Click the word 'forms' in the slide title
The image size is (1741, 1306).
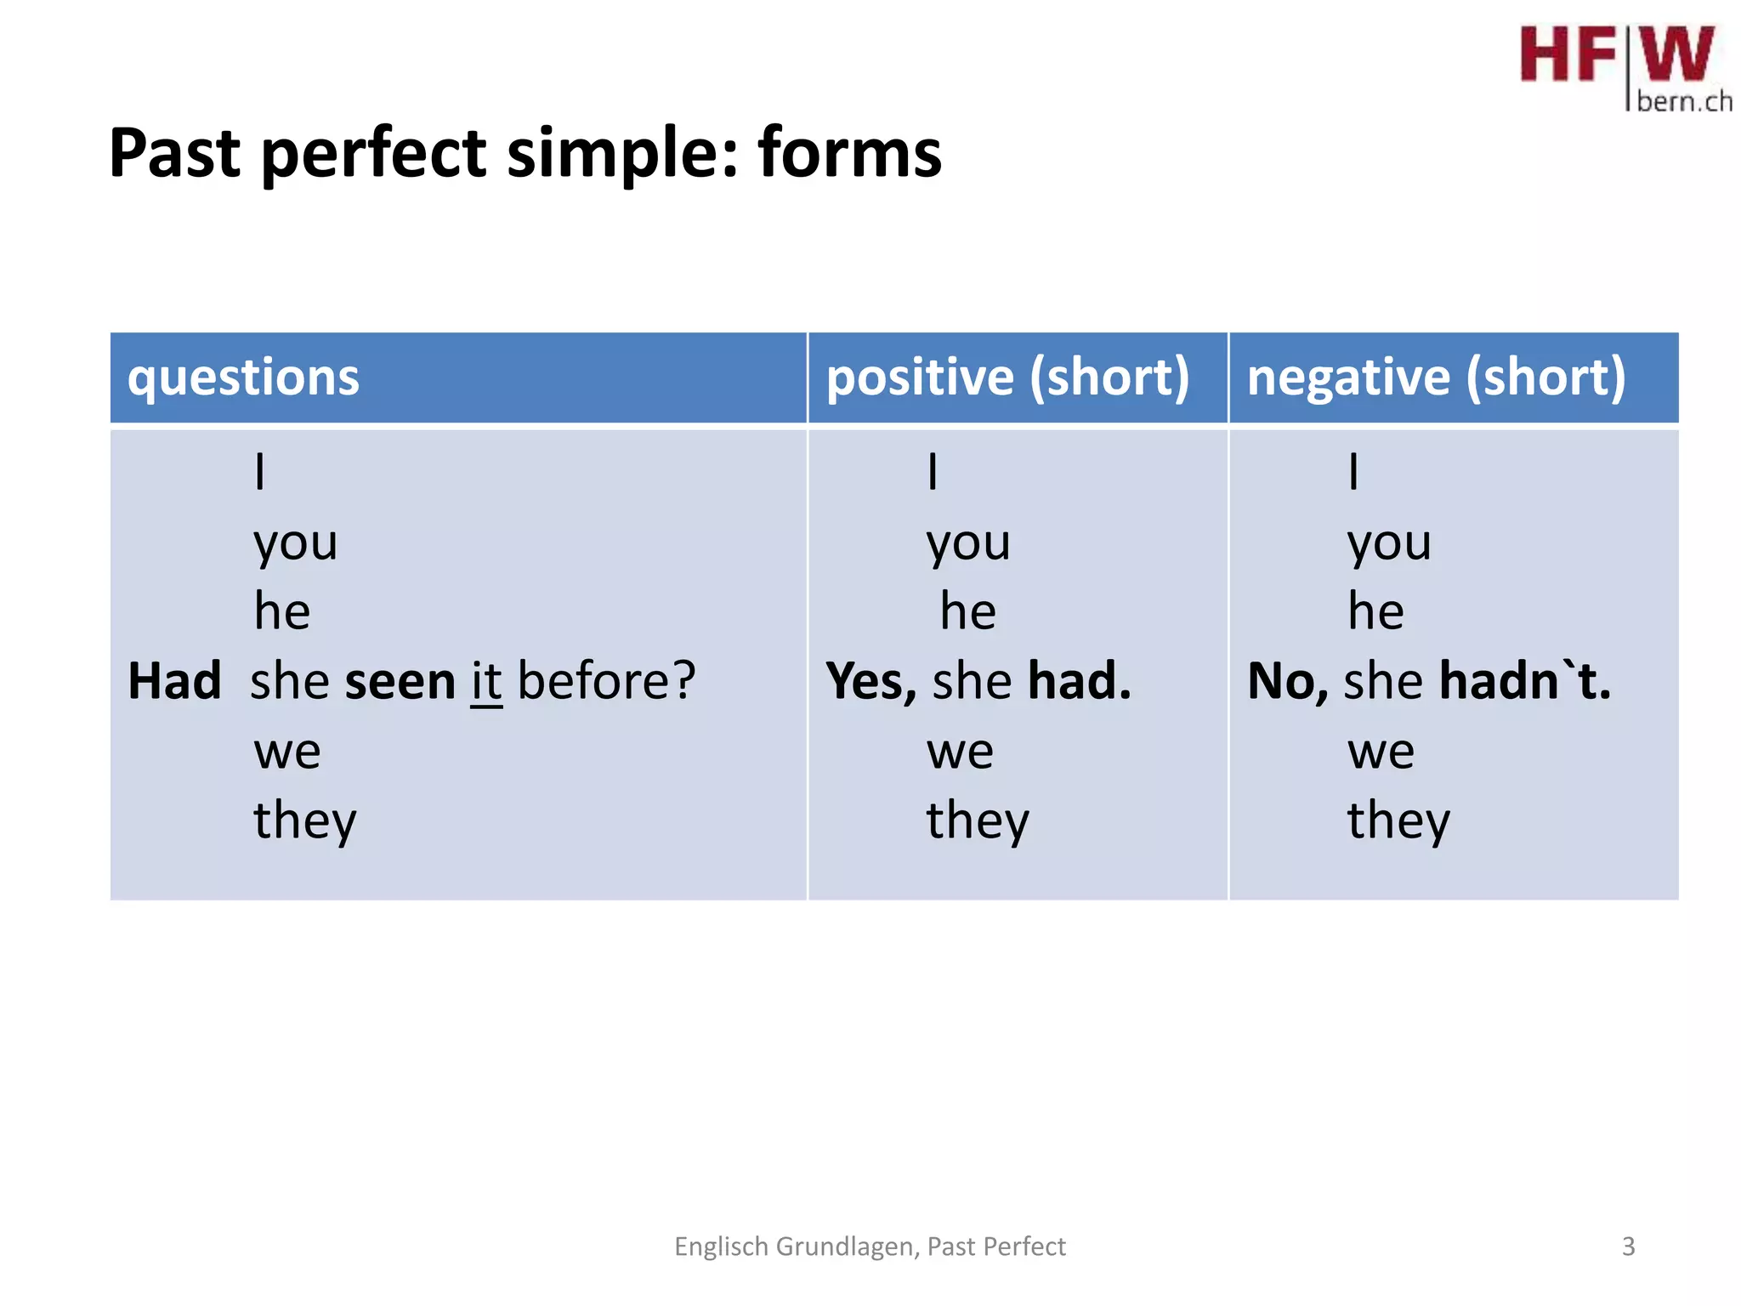[849, 153]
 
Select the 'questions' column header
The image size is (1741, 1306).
[243, 378]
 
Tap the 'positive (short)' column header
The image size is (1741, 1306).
[1007, 378]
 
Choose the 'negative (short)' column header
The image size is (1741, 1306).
[1436, 378]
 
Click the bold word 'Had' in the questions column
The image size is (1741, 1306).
[174, 682]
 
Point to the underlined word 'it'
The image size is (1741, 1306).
[486, 682]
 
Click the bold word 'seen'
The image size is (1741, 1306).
[400, 682]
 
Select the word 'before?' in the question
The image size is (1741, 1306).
[606, 682]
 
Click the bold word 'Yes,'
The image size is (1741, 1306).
[871, 682]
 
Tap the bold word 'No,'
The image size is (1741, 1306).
[1287, 682]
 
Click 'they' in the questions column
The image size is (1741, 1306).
[305, 821]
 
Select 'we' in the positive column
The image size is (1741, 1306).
[960, 752]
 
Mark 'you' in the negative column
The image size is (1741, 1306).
[1389, 542]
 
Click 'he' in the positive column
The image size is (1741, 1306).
[967, 612]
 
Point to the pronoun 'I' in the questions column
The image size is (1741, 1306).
[260, 472]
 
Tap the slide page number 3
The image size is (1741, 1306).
[1628, 1246]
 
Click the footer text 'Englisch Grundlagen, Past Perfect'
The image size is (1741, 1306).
[869, 1246]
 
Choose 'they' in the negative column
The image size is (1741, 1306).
[1398, 821]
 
